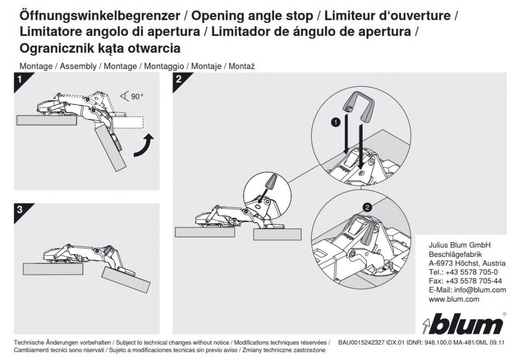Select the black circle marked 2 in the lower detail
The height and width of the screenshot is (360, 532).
368,207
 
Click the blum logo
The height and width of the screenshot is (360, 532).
462,325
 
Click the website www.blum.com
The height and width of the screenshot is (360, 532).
454,299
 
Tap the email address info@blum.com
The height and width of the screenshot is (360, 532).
467,290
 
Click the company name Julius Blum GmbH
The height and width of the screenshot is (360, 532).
459,245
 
